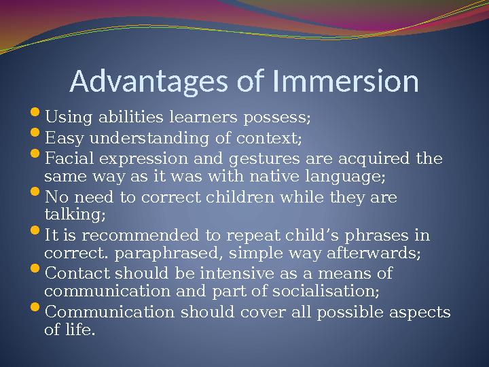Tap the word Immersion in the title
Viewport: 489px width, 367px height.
tap(344, 82)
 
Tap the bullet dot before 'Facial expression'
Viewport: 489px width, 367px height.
tap(37, 157)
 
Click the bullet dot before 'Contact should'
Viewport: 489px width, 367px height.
tap(37, 272)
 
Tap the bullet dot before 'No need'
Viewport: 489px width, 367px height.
tap(37, 196)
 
